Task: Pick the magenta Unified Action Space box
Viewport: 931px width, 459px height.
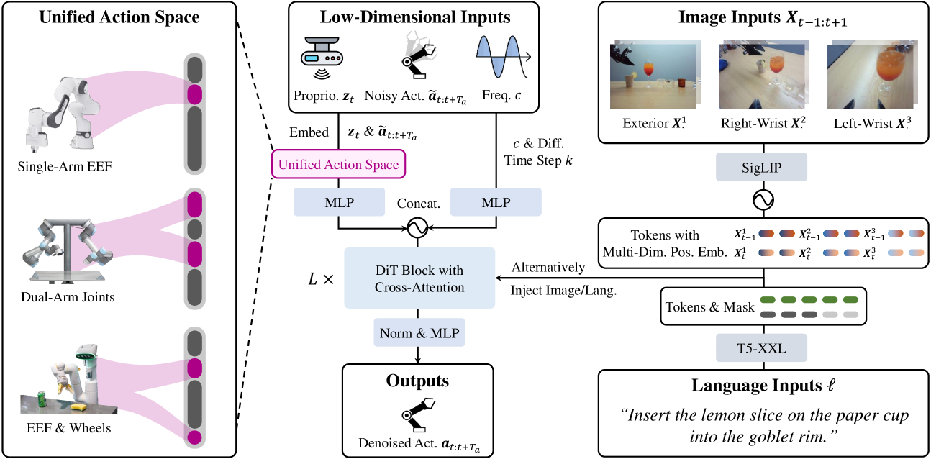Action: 338,165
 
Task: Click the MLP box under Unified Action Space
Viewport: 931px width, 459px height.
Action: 338,201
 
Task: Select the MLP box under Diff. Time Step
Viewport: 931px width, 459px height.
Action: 495,201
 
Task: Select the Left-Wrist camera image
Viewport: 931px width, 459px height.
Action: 871,73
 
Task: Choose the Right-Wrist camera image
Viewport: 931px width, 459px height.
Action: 758,73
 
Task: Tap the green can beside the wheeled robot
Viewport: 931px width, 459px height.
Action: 42,398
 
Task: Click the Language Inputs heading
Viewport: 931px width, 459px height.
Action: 762,386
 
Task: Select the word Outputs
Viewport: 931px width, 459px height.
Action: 417,381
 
